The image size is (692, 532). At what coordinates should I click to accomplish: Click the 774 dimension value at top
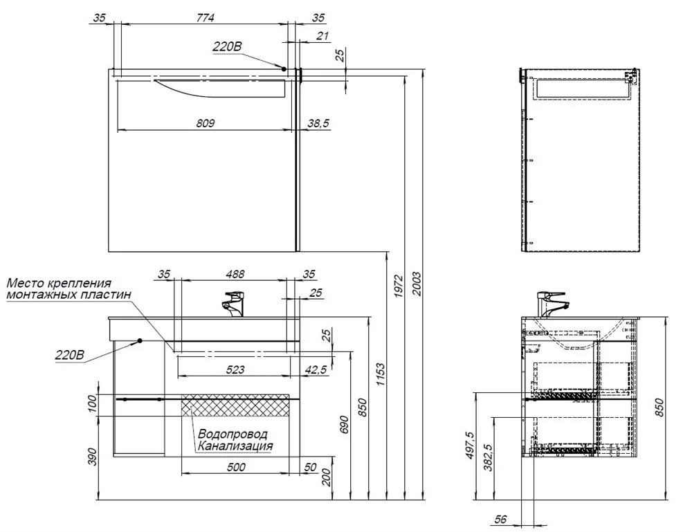tap(205, 17)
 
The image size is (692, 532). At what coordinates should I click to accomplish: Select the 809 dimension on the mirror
tap(206, 123)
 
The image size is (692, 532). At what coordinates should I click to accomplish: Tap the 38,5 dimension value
tap(318, 123)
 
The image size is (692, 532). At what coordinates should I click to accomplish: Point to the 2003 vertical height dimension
tap(416, 284)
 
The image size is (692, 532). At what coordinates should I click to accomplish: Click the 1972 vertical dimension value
tap(399, 286)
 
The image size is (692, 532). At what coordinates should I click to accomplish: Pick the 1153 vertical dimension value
tap(381, 374)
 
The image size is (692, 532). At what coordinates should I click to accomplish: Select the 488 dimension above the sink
tap(235, 274)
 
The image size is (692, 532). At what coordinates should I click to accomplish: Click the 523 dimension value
tap(235, 369)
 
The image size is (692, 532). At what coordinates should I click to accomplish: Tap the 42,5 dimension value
tap(316, 369)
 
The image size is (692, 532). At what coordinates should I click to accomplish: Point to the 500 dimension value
tap(235, 467)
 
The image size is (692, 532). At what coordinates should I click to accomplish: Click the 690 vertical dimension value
tap(345, 424)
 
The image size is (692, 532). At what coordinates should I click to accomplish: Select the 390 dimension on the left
tap(92, 457)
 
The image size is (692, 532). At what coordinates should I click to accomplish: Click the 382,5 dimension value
tap(488, 457)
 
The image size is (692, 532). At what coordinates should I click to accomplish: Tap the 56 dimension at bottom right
tap(500, 520)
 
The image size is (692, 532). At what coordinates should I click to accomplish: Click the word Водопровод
tap(233, 434)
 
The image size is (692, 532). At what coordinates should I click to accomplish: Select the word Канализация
tap(235, 446)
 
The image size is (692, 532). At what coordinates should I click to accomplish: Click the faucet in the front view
tap(233, 304)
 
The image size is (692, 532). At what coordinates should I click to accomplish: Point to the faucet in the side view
tap(552, 304)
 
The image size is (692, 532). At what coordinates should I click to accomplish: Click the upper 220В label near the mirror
tap(227, 46)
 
